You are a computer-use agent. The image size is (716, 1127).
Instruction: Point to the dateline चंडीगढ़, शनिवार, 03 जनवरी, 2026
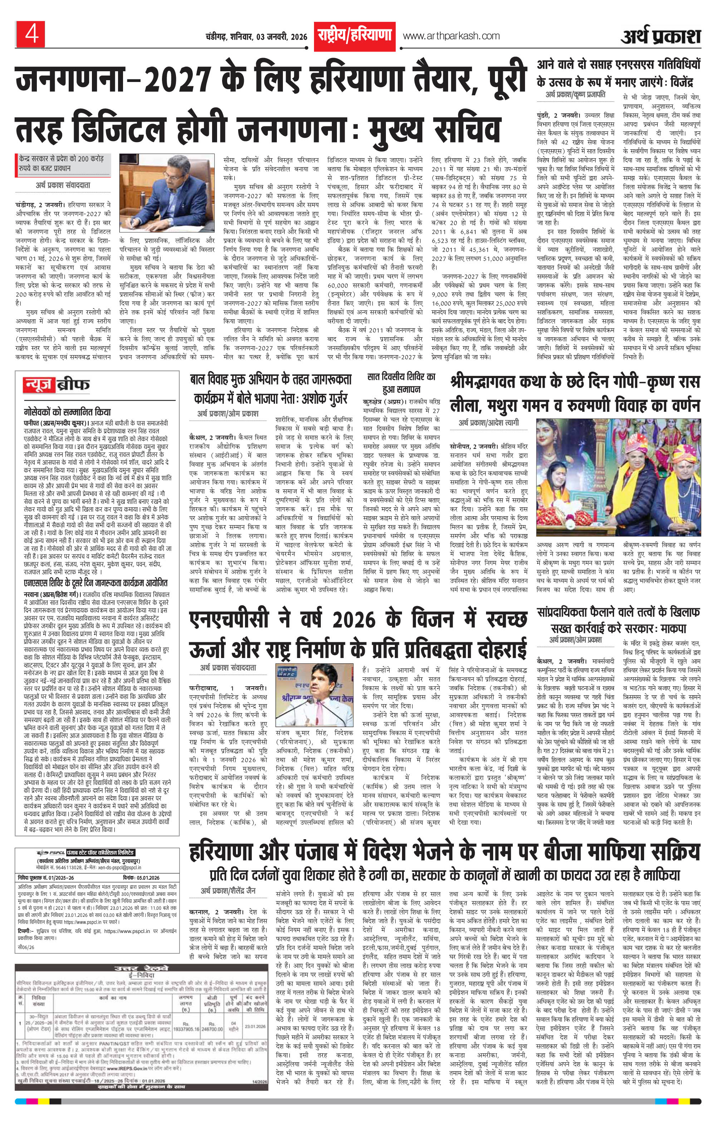(x=256, y=37)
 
